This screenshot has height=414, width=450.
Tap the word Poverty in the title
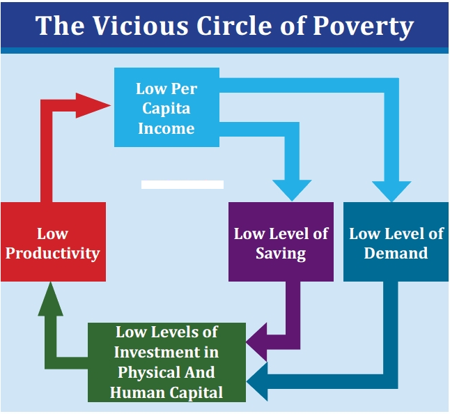pyautogui.click(x=363, y=27)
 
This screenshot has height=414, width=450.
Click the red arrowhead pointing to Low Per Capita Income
pyautogui.click(x=93, y=105)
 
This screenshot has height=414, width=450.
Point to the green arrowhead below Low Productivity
pyautogui.click(x=51, y=299)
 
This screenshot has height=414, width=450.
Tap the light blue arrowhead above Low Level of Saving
pyautogui.click(x=292, y=190)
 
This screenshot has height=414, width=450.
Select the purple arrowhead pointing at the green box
pyautogui.click(x=256, y=342)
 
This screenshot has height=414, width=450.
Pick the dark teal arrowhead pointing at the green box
pyautogui.click(x=257, y=381)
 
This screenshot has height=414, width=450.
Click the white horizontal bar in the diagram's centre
pyautogui.click(x=183, y=185)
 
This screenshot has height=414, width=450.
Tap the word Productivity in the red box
pyautogui.click(x=53, y=254)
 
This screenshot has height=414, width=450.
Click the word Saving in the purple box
pyautogui.click(x=281, y=254)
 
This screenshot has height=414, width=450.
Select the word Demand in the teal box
pyautogui.click(x=396, y=253)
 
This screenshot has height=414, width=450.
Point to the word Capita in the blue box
pyautogui.click(x=166, y=109)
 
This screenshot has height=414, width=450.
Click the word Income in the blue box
pyautogui.click(x=166, y=128)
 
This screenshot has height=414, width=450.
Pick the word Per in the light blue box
pyautogui.click(x=184, y=89)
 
